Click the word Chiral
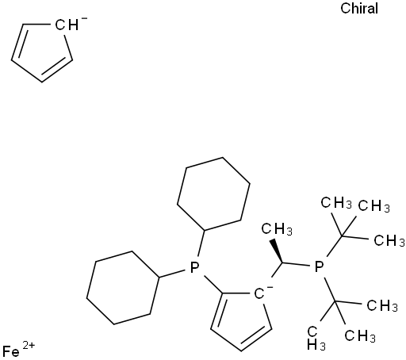click(x=359, y=9)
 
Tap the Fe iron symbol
click(x=11, y=352)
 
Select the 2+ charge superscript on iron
click(x=29, y=346)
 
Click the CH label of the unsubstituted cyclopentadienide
click(x=67, y=25)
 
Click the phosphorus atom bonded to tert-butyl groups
click(x=319, y=267)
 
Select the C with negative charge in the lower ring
click(x=259, y=294)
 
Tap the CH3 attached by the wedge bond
click(x=277, y=228)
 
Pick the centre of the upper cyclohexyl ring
click(x=213, y=193)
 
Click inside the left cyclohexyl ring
click(x=123, y=288)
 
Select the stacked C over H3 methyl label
click(x=316, y=339)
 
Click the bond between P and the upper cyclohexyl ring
click(x=201, y=243)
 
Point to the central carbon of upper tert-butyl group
click(x=342, y=236)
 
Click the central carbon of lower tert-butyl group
click(x=335, y=301)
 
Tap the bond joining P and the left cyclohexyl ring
click(x=172, y=274)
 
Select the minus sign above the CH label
click(x=84, y=18)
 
